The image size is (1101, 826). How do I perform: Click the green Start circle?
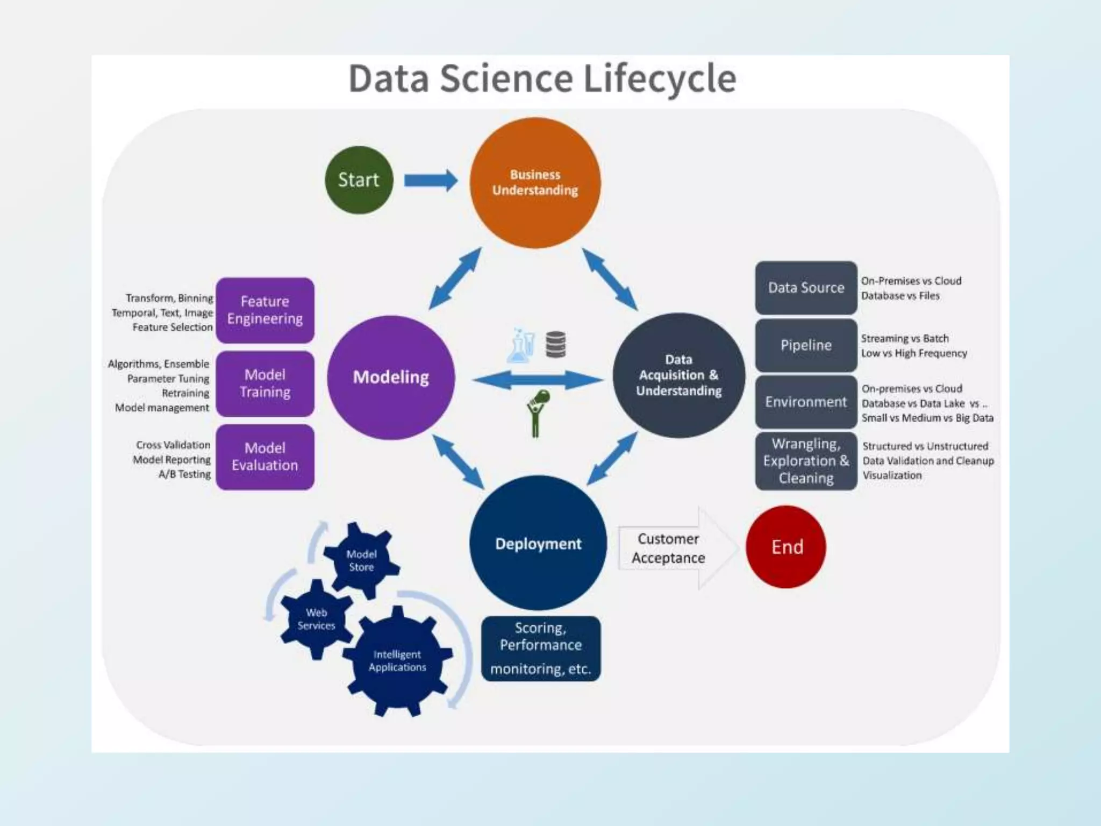point(359,180)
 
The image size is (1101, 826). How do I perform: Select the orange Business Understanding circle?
point(535,183)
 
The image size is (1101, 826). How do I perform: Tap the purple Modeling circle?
point(391,377)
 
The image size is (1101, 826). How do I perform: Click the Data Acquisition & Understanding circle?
point(678,375)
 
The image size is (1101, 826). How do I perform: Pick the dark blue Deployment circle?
point(538,543)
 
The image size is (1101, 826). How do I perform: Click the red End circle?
point(787,547)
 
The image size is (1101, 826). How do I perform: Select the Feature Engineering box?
point(265,310)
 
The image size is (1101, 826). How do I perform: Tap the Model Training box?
point(265,383)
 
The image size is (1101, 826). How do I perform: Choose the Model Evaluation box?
point(265,457)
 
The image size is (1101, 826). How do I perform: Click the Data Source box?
point(806,288)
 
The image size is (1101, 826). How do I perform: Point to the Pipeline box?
point(806,345)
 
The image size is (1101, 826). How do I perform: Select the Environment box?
point(806,402)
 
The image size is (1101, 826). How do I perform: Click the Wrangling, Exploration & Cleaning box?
point(806,461)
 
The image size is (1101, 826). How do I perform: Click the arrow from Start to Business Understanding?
point(431,181)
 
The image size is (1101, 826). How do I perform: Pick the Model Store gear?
point(361,560)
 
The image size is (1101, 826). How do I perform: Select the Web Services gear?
point(316,619)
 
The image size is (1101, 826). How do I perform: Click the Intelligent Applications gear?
point(397,661)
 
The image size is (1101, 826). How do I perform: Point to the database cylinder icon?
point(555,344)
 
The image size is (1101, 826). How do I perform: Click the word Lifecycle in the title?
point(659,79)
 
